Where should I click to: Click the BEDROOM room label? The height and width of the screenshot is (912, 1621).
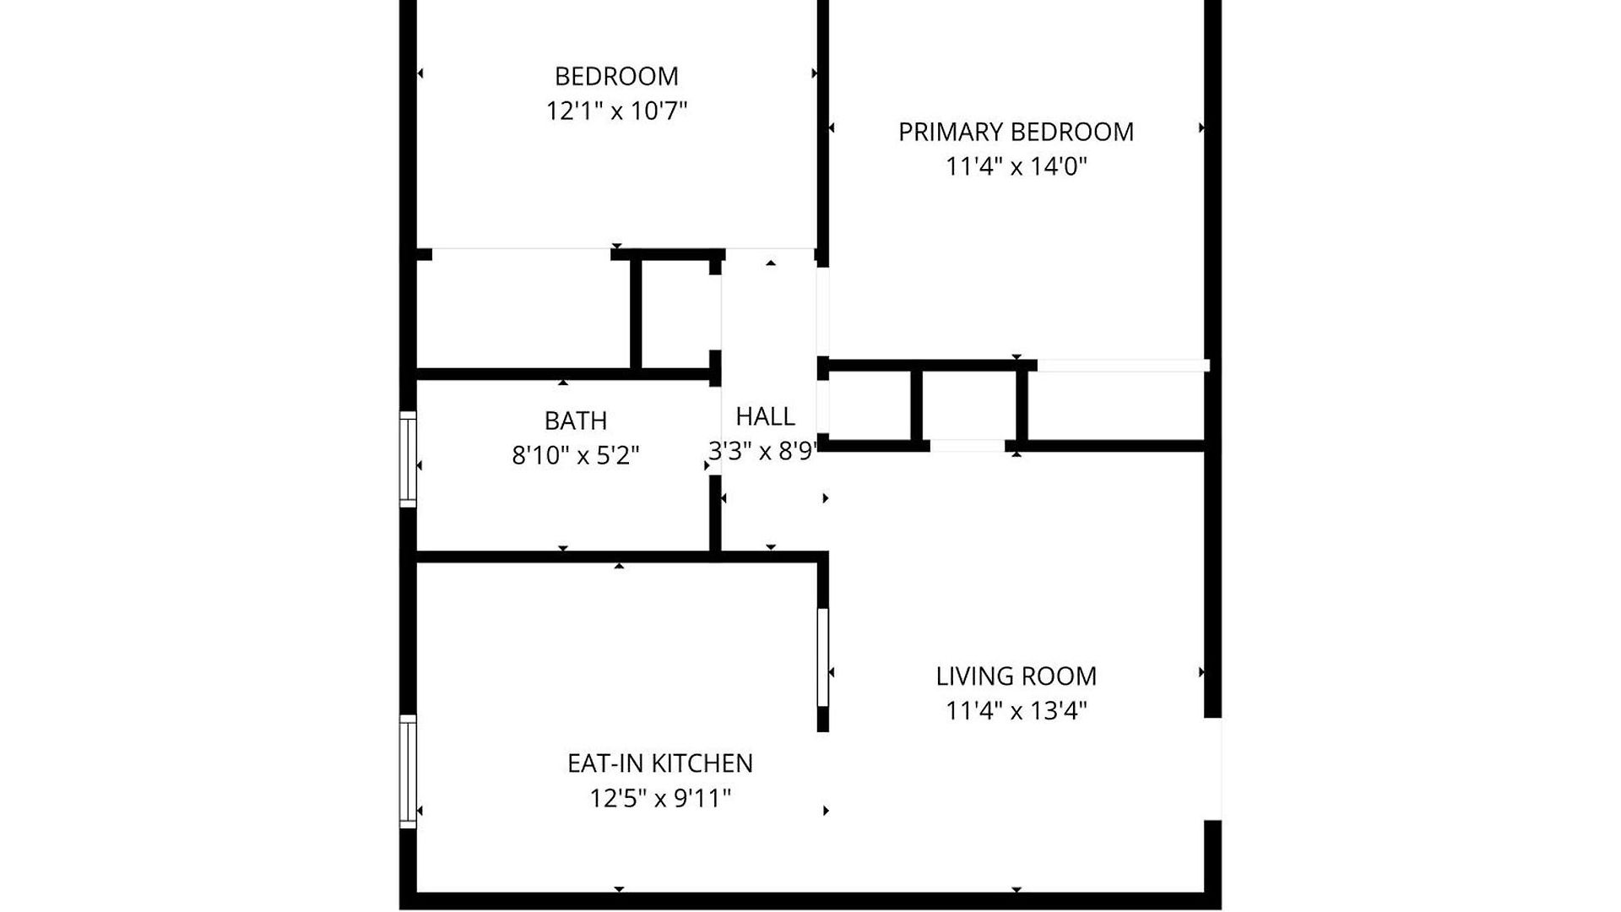pos(616,76)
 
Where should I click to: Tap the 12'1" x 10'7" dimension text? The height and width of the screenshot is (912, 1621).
pos(616,111)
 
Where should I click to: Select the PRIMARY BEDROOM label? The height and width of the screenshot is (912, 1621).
pos(1016,132)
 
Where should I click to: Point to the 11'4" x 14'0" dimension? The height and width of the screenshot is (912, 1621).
pos(1016,166)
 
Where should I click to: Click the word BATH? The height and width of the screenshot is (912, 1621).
pos(575,421)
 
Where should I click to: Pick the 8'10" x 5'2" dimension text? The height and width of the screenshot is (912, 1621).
pos(575,455)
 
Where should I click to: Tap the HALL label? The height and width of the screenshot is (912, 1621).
pos(765,416)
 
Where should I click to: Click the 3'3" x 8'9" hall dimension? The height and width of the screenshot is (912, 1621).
pos(762,451)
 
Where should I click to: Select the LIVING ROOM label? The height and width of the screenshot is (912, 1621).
pos(1016,676)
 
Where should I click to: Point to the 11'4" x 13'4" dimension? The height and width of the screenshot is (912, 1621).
pos(1016,710)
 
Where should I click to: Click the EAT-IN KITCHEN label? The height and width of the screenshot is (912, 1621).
pos(659,763)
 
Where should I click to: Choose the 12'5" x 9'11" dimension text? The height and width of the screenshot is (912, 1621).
pos(659,798)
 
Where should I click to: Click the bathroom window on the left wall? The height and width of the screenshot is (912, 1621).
pos(408,459)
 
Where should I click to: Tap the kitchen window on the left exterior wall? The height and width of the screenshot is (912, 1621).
pos(408,772)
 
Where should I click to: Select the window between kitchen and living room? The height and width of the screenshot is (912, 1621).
pos(823,658)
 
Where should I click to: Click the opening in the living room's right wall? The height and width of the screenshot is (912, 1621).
pos(1212,769)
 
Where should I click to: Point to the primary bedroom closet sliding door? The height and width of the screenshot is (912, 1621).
pos(1123,366)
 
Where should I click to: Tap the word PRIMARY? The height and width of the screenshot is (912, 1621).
pos(951,132)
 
